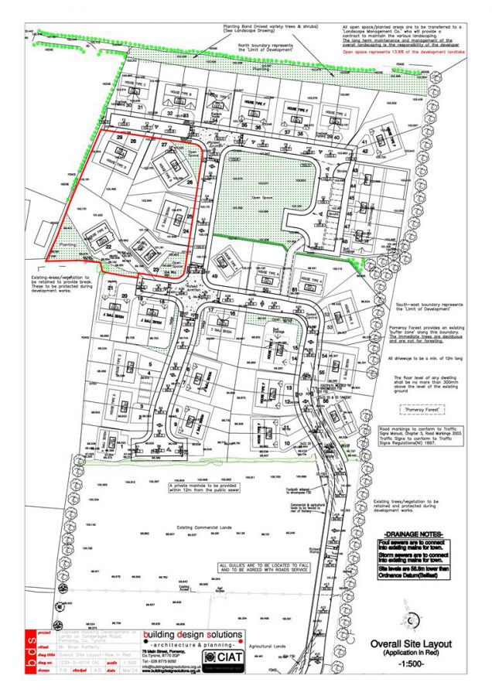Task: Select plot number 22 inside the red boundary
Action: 109,247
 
